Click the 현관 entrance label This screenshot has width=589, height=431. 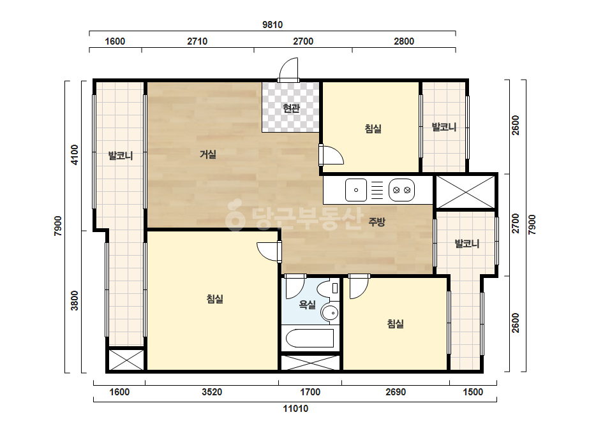point(291,108)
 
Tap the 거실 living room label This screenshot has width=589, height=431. point(208,154)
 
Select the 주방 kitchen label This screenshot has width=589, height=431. point(377,222)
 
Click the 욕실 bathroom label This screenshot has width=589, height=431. point(308,305)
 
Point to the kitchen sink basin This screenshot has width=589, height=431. point(355,190)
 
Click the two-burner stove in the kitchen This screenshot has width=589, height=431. point(401,190)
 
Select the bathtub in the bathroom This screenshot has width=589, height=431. point(310,339)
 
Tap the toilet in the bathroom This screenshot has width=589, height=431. point(328,289)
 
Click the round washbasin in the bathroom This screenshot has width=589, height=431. point(331,313)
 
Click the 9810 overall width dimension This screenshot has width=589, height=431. point(272,25)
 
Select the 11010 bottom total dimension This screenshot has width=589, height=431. point(295,409)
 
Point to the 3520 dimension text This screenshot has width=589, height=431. point(212,392)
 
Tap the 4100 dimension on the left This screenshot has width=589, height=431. point(75,155)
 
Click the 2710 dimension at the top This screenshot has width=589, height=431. point(197,41)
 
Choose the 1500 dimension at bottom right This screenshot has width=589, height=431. point(473,392)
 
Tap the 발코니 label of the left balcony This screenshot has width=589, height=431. point(121,156)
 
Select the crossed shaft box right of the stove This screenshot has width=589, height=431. point(466,192)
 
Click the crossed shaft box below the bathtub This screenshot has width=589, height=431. point(310,362)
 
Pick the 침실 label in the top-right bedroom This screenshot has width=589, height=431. point(373,129)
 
